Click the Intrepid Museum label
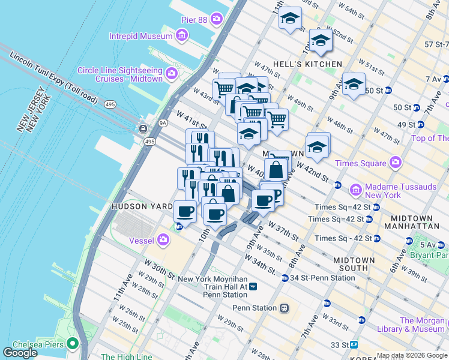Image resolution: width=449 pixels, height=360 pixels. click(x=141, y=36)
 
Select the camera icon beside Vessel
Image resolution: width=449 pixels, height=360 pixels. click(x=164, y=240)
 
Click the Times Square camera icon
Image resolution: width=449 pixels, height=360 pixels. click(x=395, y=163)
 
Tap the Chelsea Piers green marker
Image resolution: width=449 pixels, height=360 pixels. click(x=73, y=344)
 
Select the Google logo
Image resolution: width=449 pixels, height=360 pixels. click(x=20, y=353)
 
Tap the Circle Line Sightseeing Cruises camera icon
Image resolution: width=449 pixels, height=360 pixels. click(x=172, y=74)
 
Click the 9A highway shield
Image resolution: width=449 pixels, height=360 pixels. click(x=163, y=123)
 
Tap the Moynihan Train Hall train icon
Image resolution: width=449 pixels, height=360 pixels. click(x=253, y=287)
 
